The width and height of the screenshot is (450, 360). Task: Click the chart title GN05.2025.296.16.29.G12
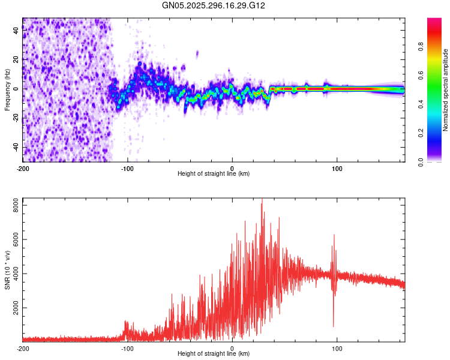click(214, 5)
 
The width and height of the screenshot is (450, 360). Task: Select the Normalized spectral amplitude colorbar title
click(446, 91)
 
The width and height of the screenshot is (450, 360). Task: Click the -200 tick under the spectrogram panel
click(23, 168)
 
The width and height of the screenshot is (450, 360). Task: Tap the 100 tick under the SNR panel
click(337, 348)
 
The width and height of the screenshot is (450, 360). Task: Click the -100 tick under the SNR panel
click(127, 348)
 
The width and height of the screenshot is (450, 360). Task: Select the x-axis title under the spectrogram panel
click(214, 174)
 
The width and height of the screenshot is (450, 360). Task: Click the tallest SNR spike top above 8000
click(262, 200)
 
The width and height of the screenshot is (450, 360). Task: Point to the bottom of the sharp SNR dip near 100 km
click(334, 326)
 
